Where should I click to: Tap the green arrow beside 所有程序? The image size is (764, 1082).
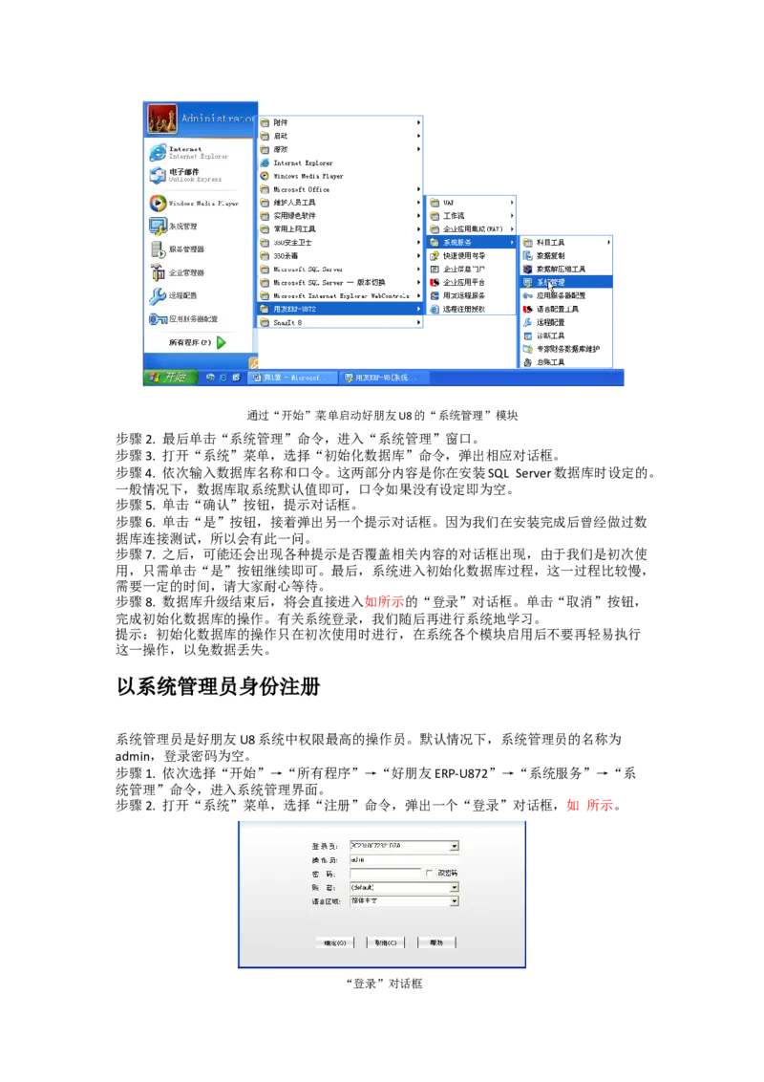(222, 342)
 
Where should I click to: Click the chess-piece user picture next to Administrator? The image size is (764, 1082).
(162, 119)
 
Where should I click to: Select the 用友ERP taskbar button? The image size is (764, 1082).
(382, 378)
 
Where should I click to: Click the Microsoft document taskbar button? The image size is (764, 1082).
(292, 378)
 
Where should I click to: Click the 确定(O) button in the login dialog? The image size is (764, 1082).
(335, 942)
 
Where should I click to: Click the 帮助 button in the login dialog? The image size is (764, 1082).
(436, 942)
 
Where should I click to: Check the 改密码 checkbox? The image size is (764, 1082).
(430, 874)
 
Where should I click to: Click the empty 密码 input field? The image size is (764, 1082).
(385, 874)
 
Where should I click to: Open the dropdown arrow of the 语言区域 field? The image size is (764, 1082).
(455, 901)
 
